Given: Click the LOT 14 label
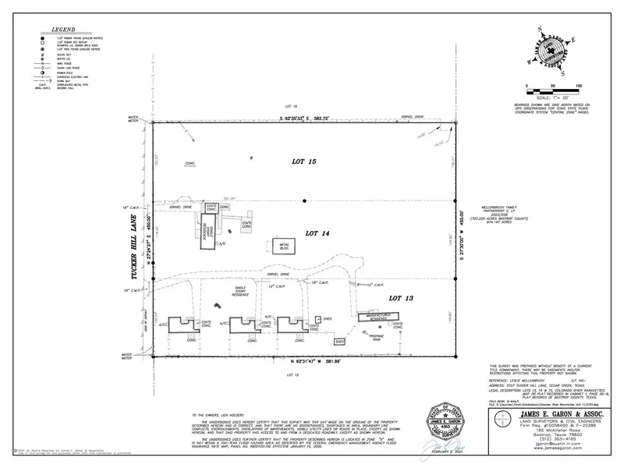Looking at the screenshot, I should click(318, 233).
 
